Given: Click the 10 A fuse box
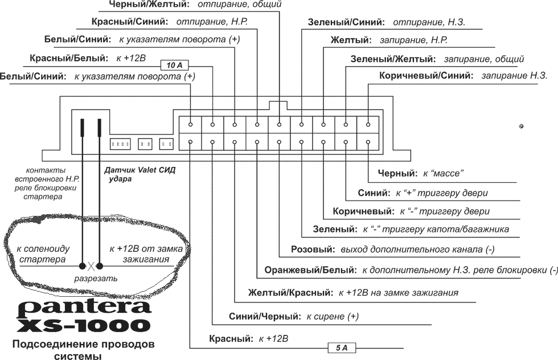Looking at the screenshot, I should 174,66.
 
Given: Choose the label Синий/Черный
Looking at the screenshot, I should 264,316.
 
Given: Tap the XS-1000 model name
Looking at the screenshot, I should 84,325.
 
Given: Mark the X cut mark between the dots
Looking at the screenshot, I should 91,265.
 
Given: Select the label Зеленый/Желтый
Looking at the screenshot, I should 392,59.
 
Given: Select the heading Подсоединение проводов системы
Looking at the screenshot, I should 84,350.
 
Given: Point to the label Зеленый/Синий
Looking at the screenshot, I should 345,23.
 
